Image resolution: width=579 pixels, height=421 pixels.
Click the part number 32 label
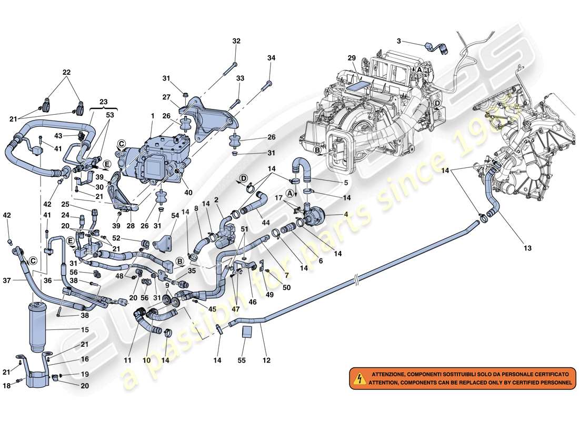point(236,41)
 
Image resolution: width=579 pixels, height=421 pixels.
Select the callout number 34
point(271,58)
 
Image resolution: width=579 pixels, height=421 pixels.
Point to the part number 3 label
point(399,41)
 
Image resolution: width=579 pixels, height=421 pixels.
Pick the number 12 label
point(267,360)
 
